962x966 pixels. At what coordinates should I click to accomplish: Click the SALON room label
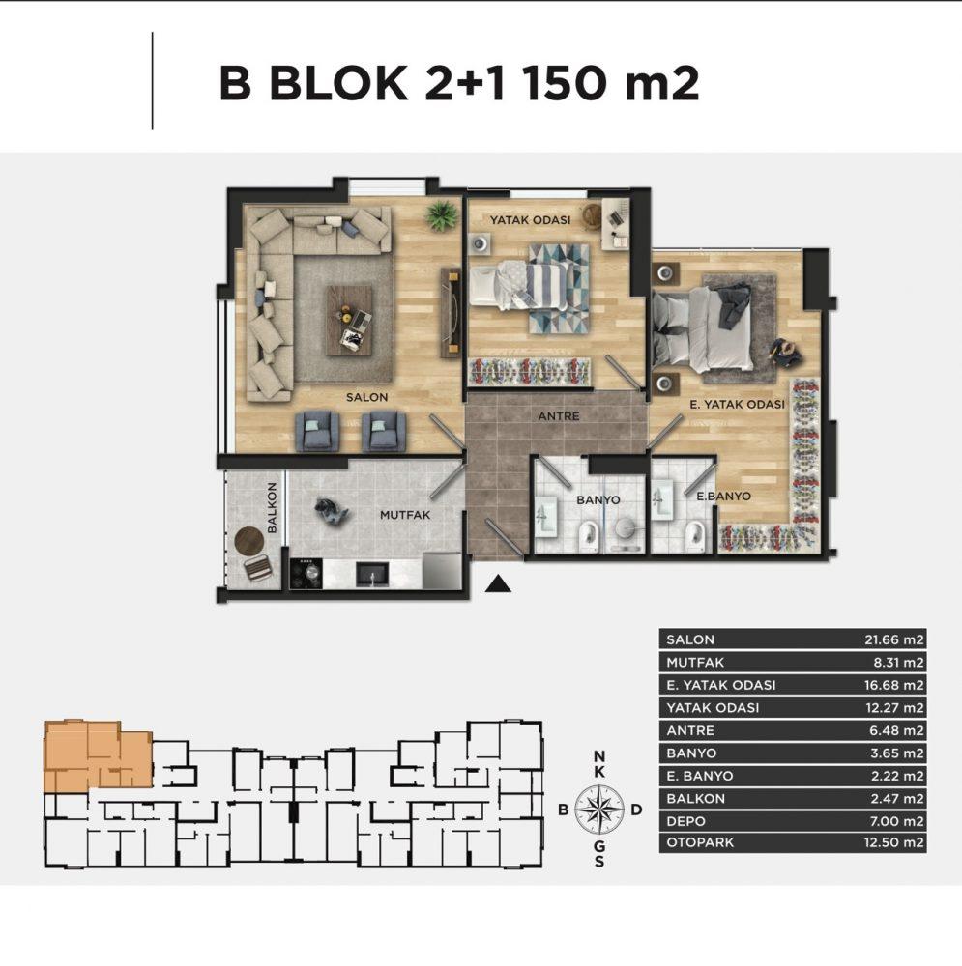367,397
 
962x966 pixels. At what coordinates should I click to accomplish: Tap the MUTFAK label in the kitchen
405,515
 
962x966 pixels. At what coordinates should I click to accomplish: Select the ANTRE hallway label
559,416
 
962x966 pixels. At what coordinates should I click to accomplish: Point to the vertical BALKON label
272,508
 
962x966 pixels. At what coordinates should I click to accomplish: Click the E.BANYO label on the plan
723,496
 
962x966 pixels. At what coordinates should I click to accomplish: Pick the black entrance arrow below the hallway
498,584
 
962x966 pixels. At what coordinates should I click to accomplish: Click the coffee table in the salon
349,320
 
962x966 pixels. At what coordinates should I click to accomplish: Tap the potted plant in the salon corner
442,215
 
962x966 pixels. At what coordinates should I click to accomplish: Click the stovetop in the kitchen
306,574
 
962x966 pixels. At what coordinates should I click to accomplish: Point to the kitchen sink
372,574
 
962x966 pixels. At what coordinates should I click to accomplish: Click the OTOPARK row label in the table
700,842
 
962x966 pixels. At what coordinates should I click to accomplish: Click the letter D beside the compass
637,809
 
